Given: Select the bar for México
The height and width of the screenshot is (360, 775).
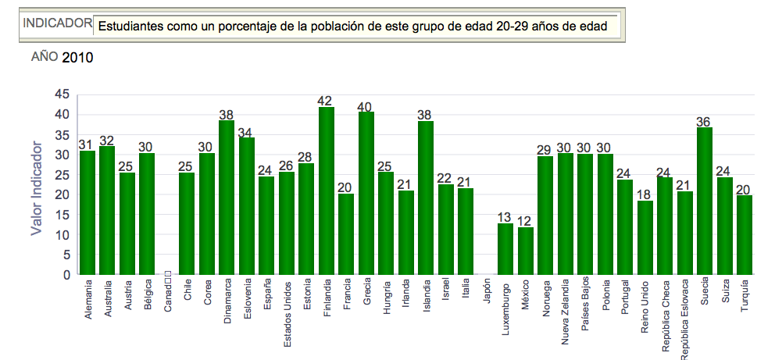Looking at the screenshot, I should tap(526, 251).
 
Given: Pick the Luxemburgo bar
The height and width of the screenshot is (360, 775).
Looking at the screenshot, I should tap(505, 249).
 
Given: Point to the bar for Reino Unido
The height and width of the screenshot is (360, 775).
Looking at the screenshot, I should tap(645, 238).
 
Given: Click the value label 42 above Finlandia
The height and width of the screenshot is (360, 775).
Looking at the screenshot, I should tap(327, 101).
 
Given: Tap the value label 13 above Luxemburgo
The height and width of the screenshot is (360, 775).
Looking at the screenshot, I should tap(505, 217).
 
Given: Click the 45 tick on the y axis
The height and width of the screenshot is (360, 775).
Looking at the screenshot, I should tap(62, 94).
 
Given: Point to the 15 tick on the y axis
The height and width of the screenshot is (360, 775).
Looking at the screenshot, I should tap(62, 216).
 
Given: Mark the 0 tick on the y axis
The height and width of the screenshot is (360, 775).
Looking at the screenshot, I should tap(66, 276).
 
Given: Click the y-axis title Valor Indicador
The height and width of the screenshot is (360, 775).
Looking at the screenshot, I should tap(36, 187).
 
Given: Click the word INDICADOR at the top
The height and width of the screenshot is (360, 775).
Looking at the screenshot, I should tap(57, 23).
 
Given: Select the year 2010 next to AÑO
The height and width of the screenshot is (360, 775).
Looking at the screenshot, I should tap(77, 57).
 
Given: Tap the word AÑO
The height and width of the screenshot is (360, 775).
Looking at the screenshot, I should tap(44, 56).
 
